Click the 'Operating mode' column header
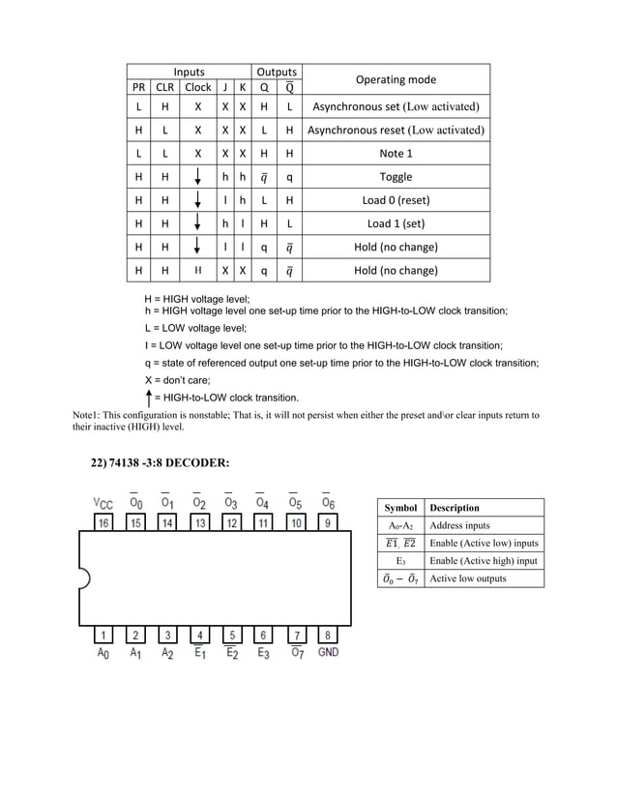tap(396, 79)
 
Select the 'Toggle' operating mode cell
tap(396, 177)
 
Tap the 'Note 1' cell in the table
tap(396, 153)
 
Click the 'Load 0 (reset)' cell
tap(396, 200)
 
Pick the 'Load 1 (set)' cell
tap(396, 223)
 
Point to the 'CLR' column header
tap(165, 87)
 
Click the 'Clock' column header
tap(197, 87)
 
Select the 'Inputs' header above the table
tap(189, 72)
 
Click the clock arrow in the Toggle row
tap(197, 177)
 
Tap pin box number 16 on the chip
tap(104, 523)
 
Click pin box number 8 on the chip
tap(328, 636)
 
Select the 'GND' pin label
tap(328, 653)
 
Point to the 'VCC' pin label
tap(103, 503)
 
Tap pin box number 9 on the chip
tap(328, 523)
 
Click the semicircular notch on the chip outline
tap(84, 579)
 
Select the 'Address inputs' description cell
tap(459, 525)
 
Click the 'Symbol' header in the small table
tap(400, 508)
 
